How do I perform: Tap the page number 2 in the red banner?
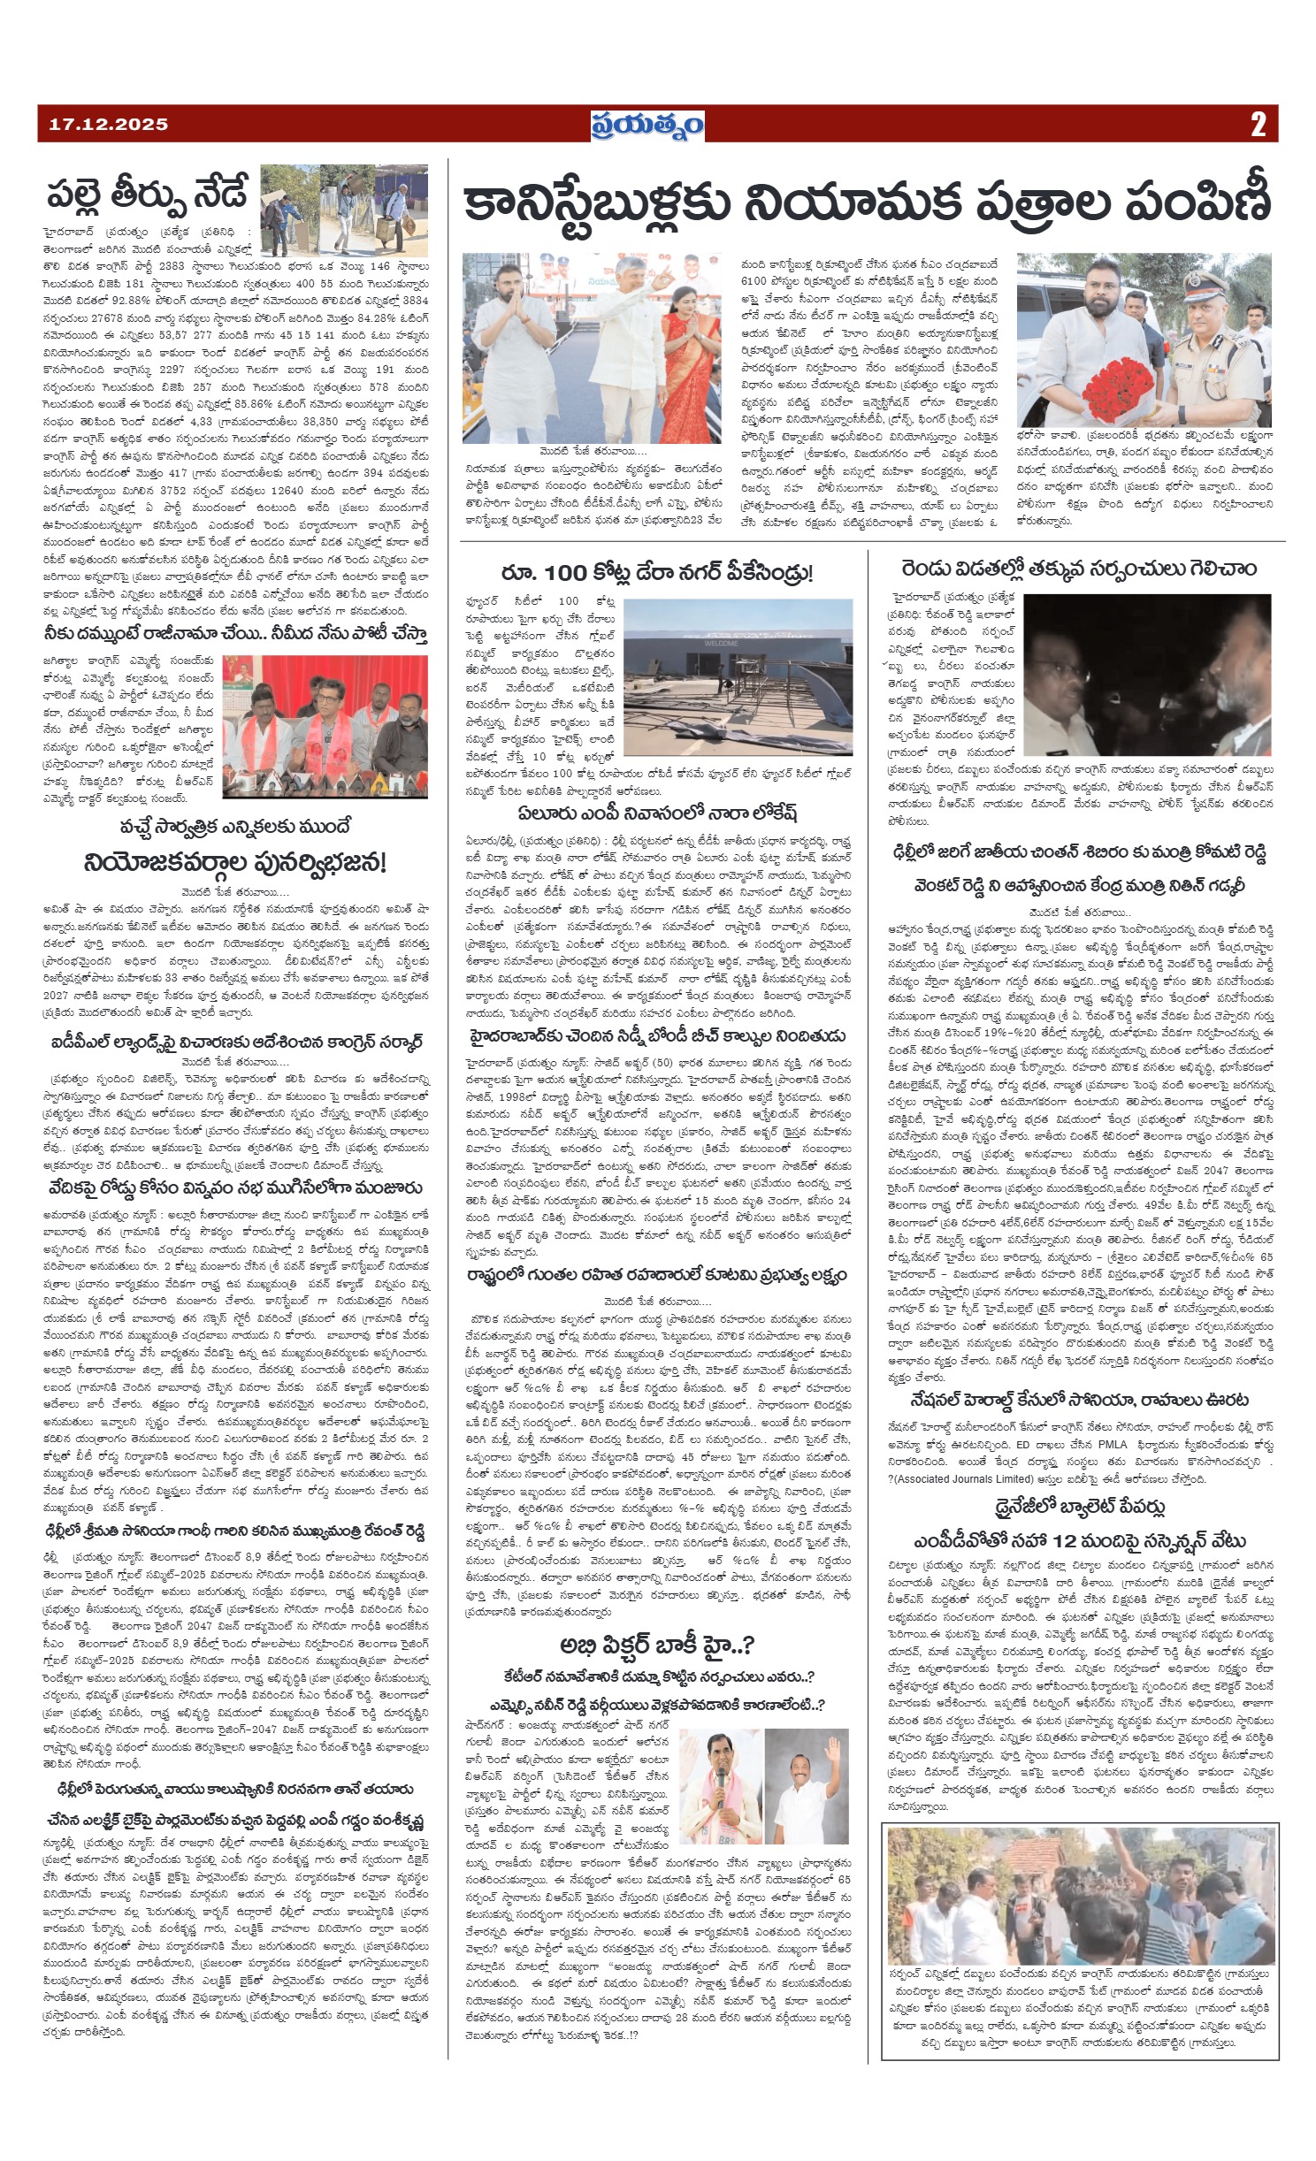click(1258, 125)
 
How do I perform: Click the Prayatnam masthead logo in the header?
click(647, 125)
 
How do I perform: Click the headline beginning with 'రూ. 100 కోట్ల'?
click(655, 574)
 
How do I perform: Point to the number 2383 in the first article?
click(163, 264)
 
